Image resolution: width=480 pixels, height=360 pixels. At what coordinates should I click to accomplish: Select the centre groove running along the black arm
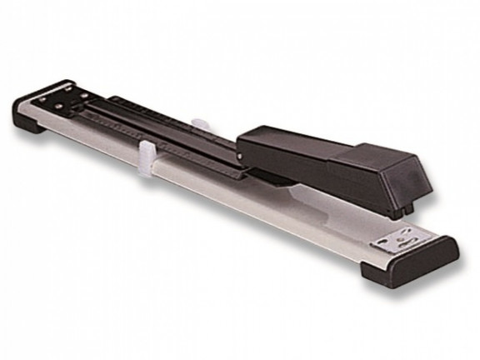[x=167, y=138]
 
